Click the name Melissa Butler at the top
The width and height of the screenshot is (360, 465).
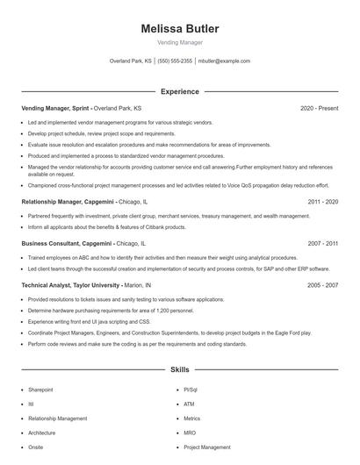point(179,29)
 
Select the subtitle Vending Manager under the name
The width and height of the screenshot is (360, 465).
point(179,42)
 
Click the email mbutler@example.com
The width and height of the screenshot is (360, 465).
point(224,61)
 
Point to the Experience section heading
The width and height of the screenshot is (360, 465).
point(179,91)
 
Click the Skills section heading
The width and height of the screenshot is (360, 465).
point(179,370)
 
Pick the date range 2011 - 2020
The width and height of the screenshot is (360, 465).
point(323,201)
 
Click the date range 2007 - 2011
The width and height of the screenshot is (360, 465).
point(323,243)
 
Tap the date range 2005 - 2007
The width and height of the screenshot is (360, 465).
point(323,285)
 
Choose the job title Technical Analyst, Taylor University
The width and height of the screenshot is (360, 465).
point(70,285)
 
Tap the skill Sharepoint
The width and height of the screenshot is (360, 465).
point(40,389)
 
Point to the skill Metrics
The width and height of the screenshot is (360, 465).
point(192,418)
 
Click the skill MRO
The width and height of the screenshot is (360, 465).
point(189,433)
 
